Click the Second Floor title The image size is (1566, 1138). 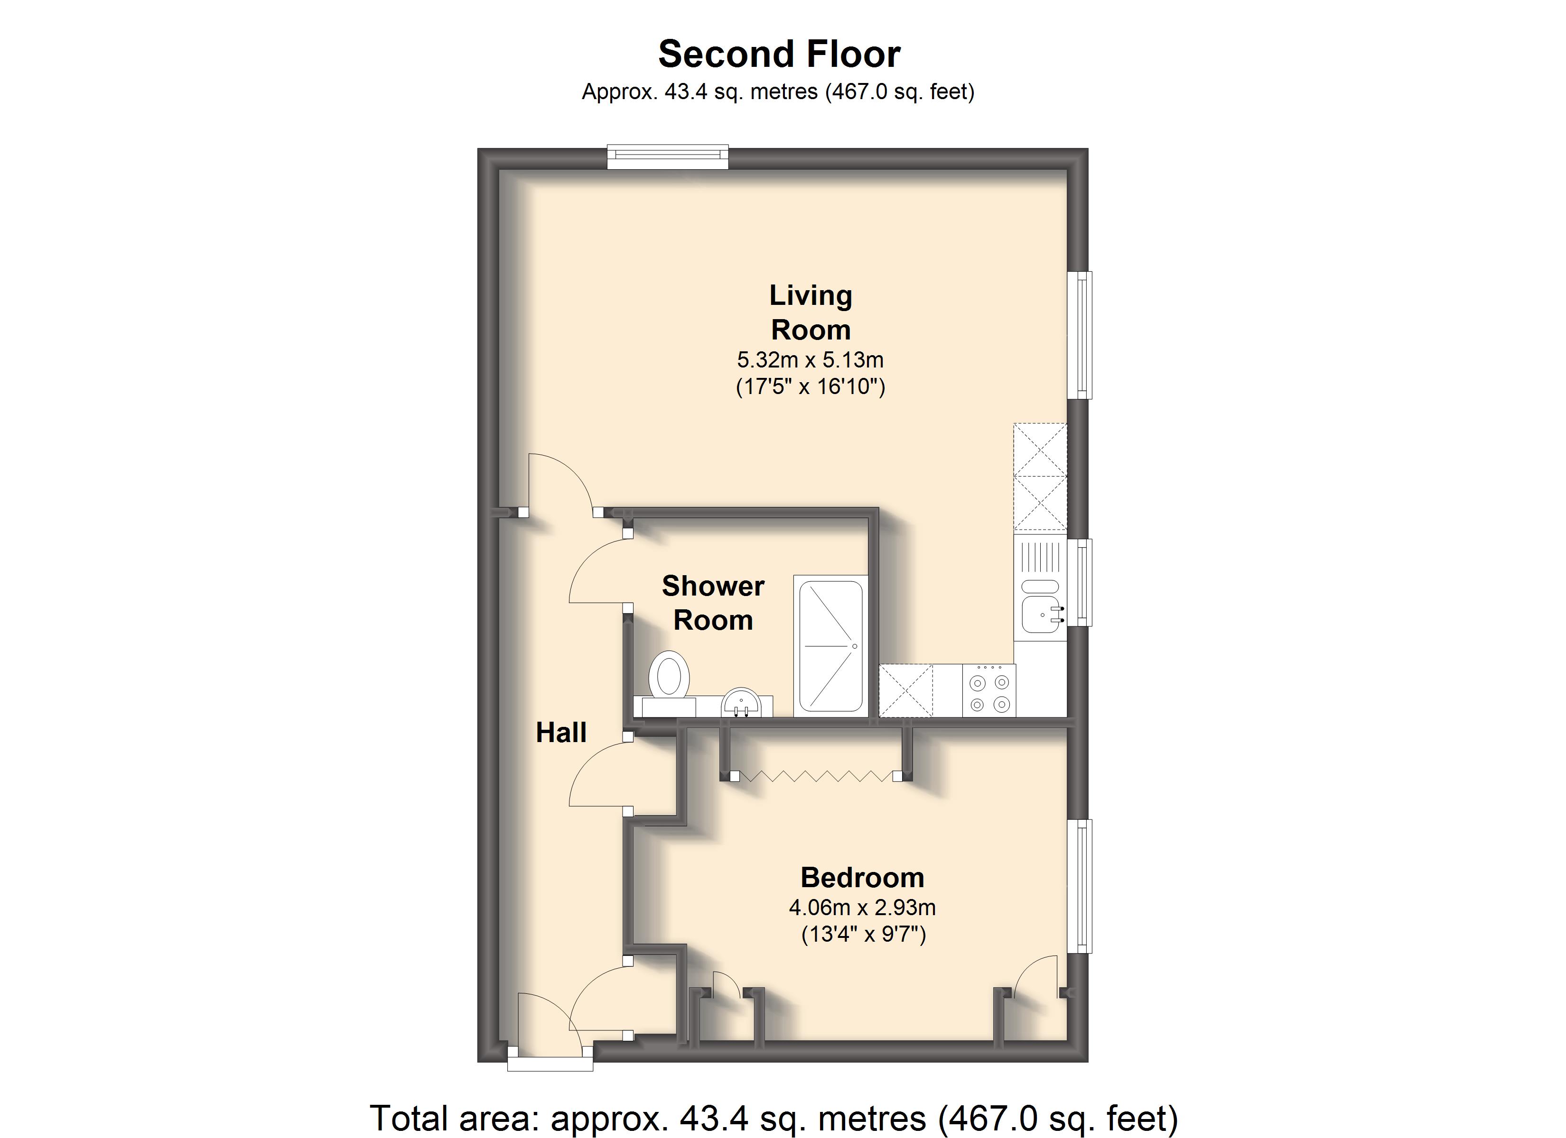(x=779, y=54)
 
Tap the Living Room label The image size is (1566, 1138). (x=811, y=312)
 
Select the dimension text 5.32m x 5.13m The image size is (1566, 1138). (x=811, y=359)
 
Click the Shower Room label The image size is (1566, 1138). (x=713, y=603)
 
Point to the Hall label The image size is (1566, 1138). (x=561, y=732)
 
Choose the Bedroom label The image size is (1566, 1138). (x=862, y=877)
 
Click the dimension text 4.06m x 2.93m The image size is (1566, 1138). (x=862, y=907)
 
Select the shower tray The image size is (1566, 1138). (x=830, y=646)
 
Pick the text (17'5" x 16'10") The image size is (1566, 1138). (x=811, y=386)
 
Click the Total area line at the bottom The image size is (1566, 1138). (x=774, y=1118)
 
